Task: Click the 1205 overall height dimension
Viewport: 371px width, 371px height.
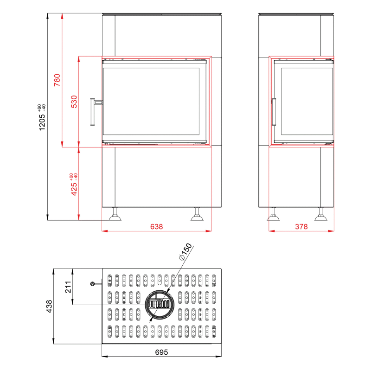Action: click(42, 122)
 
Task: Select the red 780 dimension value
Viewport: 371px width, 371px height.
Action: click(57, 80)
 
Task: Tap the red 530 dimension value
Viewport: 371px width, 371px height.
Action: click(74, 102)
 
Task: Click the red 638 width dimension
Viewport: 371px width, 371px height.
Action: click(157, 227)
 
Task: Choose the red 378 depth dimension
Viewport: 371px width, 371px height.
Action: click(301, 227)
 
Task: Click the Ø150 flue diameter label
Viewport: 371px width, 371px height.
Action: click(185, 252)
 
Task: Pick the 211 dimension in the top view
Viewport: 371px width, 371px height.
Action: click(68, 287)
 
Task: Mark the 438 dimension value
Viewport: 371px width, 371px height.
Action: click(49, 307)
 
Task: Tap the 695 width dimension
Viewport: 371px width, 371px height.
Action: click(161, 352)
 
